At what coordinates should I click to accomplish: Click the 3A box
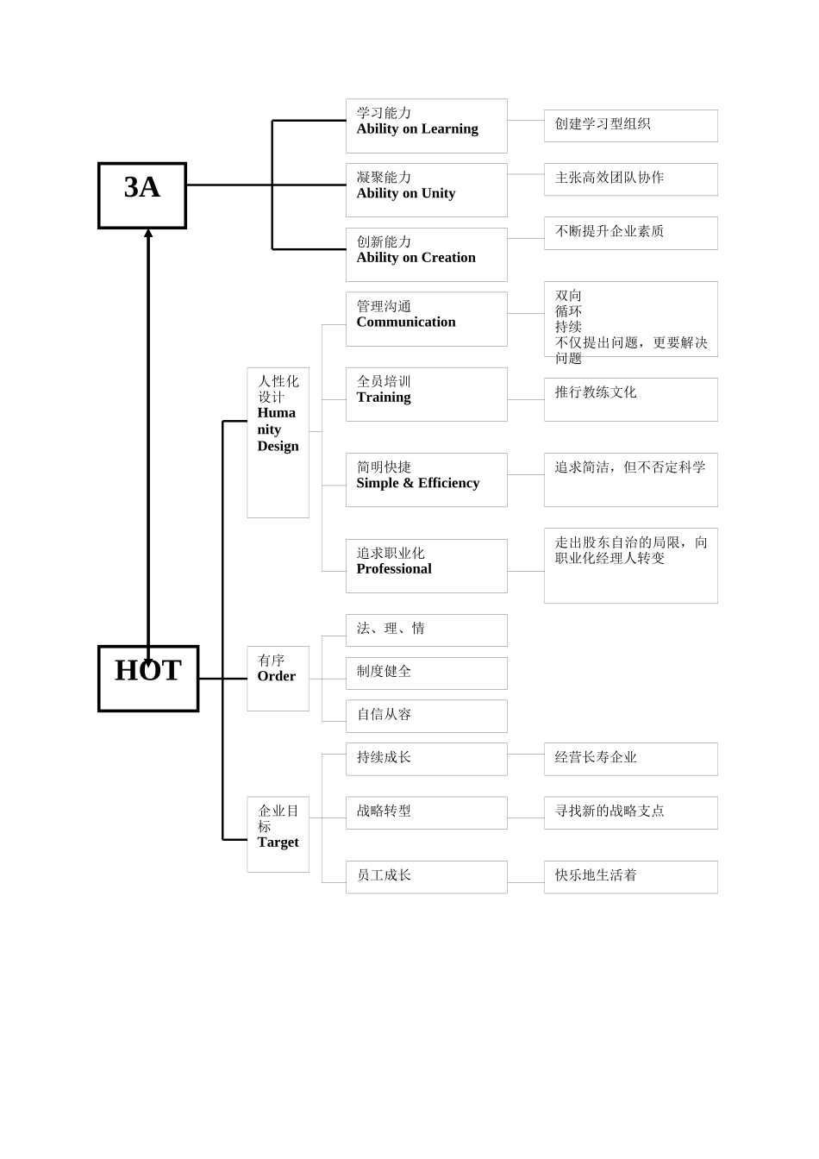[142, 195]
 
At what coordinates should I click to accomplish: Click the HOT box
[148, 678]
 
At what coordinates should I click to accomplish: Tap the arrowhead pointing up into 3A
[148, 233]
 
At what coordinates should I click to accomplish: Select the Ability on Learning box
[426, 126]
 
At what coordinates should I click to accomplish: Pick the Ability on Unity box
[426, 190]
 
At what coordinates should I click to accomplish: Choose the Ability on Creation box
[426, 254]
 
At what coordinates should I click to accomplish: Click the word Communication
[406, 323]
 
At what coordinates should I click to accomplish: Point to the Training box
[426, 394]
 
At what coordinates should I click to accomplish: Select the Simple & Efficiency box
[426, 479]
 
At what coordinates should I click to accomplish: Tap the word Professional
[394, 569]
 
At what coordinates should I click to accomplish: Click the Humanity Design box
[278, 442]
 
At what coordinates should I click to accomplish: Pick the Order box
[278, 678]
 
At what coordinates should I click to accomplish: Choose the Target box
[278, 834]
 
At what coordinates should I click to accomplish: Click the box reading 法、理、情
[426, 630]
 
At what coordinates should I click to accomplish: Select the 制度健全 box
[426, 673]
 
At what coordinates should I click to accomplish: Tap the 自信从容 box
[426, 716]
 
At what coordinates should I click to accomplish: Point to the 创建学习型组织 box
[630, 125]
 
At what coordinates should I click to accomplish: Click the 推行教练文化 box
[630, 399]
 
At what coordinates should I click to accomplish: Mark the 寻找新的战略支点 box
[630, 812]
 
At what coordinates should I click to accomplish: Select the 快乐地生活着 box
[630, 876]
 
